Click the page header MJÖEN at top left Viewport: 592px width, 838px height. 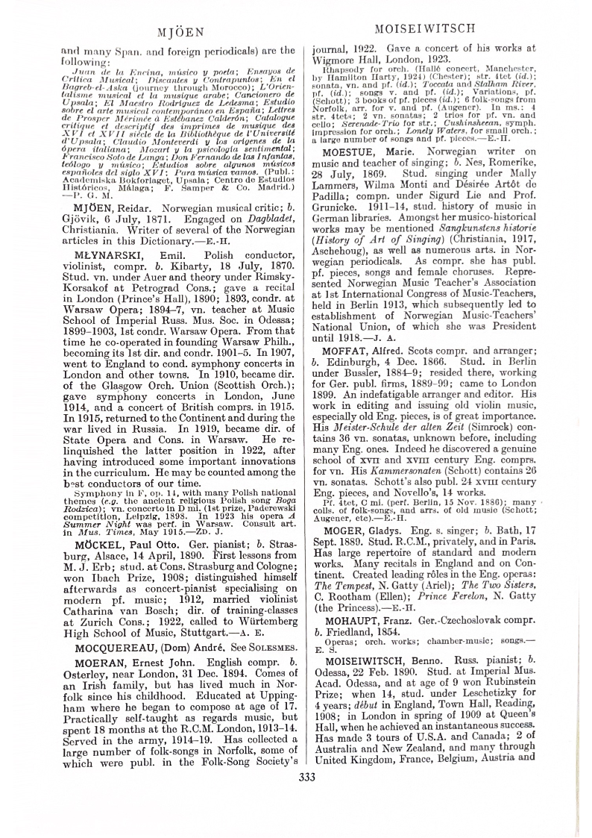(178, 33)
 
